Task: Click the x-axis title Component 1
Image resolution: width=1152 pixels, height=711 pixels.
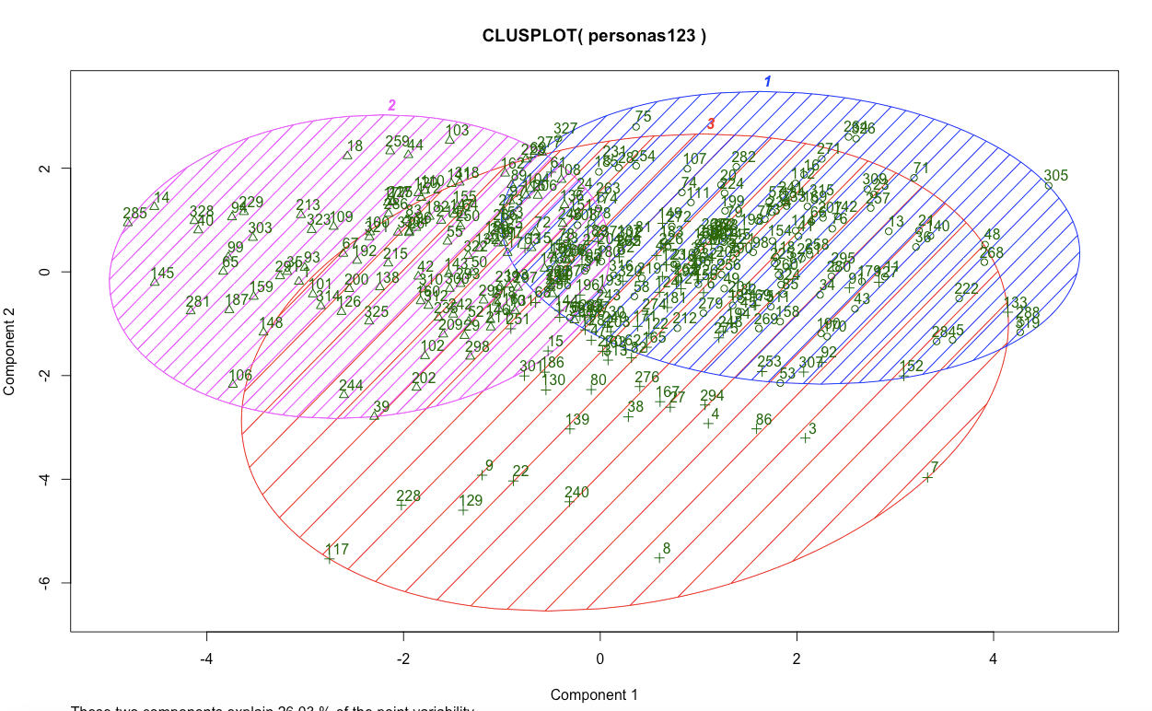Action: [x=593, y=694]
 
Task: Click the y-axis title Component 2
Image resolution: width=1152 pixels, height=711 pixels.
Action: [x=10, y=353]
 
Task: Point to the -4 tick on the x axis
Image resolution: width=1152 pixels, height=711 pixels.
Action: [x=206, y=659]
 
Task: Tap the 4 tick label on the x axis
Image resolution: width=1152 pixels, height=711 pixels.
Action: [x=994, y=659]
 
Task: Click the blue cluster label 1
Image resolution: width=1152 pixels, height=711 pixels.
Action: [x=767, y=82]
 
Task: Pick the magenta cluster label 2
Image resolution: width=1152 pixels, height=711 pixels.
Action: [x=391, y=105]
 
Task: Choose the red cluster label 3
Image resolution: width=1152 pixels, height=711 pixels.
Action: [x=710, y=123]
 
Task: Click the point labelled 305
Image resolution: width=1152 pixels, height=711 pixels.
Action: [x=1048, y=185]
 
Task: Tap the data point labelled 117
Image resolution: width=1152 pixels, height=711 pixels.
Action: [x=329, y=558]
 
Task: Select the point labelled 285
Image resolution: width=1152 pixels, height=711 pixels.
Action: [x=128, y=222]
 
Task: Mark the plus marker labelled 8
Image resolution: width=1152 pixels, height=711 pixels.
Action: [x=659, y=557]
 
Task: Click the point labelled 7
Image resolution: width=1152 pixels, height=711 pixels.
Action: [x=927, y=476]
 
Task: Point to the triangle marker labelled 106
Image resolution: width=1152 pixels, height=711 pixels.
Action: [x=233, y=383]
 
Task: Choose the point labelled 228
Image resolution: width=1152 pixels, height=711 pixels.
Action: [x=401, y=504]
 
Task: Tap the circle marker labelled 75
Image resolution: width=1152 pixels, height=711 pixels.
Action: [x=636, y=126]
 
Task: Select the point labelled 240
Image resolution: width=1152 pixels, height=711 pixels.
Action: [x=569, y=500]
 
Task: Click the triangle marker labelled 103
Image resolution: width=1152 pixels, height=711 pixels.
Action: [x=449, y=139]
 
